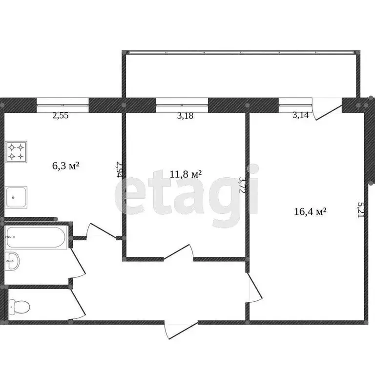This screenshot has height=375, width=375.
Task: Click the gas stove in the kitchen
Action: tap(17, 151)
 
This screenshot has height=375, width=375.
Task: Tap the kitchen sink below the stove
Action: tap(17, 196)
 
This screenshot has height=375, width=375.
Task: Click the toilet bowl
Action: tap(20, 306)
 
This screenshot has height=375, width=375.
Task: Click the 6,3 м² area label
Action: tap(65, 166)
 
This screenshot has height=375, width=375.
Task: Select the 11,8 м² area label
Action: tap(186, 174)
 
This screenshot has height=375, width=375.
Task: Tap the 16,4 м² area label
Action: tap(310, 211)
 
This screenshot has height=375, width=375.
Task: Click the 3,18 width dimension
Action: tap(182, 116)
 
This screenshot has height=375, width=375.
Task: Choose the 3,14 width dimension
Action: tap(300, 116)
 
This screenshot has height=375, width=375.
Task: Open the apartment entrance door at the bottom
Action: tap(181, 329)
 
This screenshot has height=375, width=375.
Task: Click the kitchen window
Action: tap(62, 102)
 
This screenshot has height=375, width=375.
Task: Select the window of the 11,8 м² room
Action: tap(182, 102)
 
